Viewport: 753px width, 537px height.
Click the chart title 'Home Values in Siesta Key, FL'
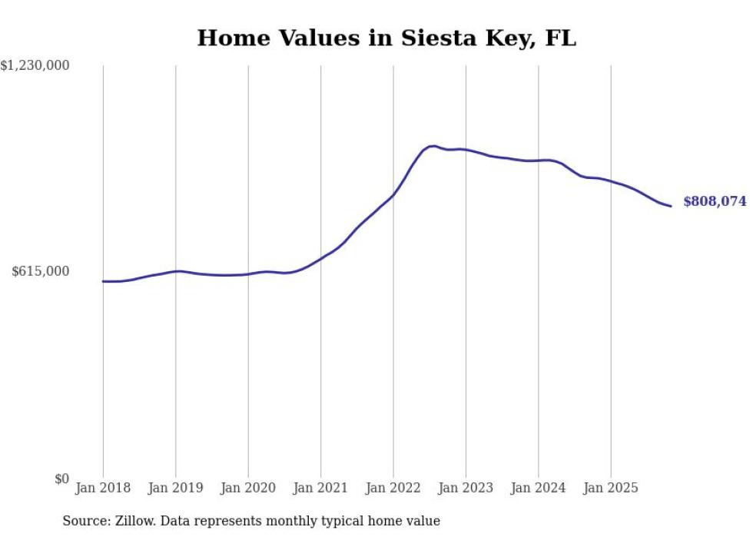(386, 38)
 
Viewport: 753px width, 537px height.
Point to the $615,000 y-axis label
(41, 271)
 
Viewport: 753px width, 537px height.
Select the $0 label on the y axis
(61, 479)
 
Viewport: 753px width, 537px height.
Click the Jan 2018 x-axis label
(103, 488)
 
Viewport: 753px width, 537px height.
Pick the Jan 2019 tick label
(175, 488)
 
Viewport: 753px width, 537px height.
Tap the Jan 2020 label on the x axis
(248, 488)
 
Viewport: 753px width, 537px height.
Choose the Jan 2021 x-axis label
(320, 488)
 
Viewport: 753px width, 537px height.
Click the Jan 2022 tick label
(393, 488)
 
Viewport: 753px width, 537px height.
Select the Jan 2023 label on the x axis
(466, 488)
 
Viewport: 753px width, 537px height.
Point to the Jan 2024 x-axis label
(538, 488)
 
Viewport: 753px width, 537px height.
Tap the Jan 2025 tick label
(611, 488)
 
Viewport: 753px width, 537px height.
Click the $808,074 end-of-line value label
(715, 201)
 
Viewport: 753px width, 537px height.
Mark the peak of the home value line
(433, 146)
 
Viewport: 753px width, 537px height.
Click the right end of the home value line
(671, 206)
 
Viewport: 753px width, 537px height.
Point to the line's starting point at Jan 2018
(103, 281)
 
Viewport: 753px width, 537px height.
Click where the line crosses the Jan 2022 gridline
(393, 195)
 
